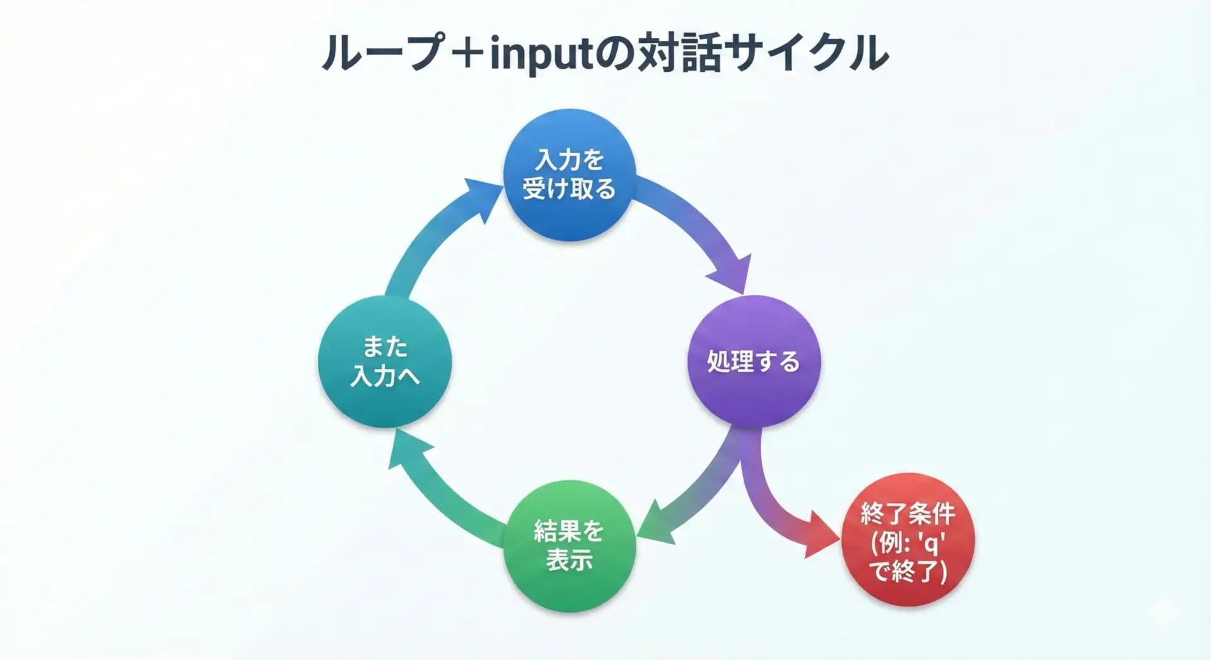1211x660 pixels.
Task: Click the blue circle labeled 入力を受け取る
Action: tap(569, 175)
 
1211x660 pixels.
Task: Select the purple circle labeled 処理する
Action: tap(754, 361)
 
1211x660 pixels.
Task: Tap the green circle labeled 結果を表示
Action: tap(569, 546)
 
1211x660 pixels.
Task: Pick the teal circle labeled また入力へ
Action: tap(385, 361)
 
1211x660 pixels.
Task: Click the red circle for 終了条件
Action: tap(908, 540)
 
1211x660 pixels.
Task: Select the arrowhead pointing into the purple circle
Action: tap(732, 275)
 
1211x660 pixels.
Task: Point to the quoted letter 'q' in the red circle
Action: tap(931, 543)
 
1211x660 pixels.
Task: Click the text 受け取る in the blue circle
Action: tap(569, 189)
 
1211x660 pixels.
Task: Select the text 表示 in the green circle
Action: tap(569, 560)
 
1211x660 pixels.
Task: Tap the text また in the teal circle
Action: tap(385, 347)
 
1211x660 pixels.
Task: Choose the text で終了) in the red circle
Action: tap(908, 571)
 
